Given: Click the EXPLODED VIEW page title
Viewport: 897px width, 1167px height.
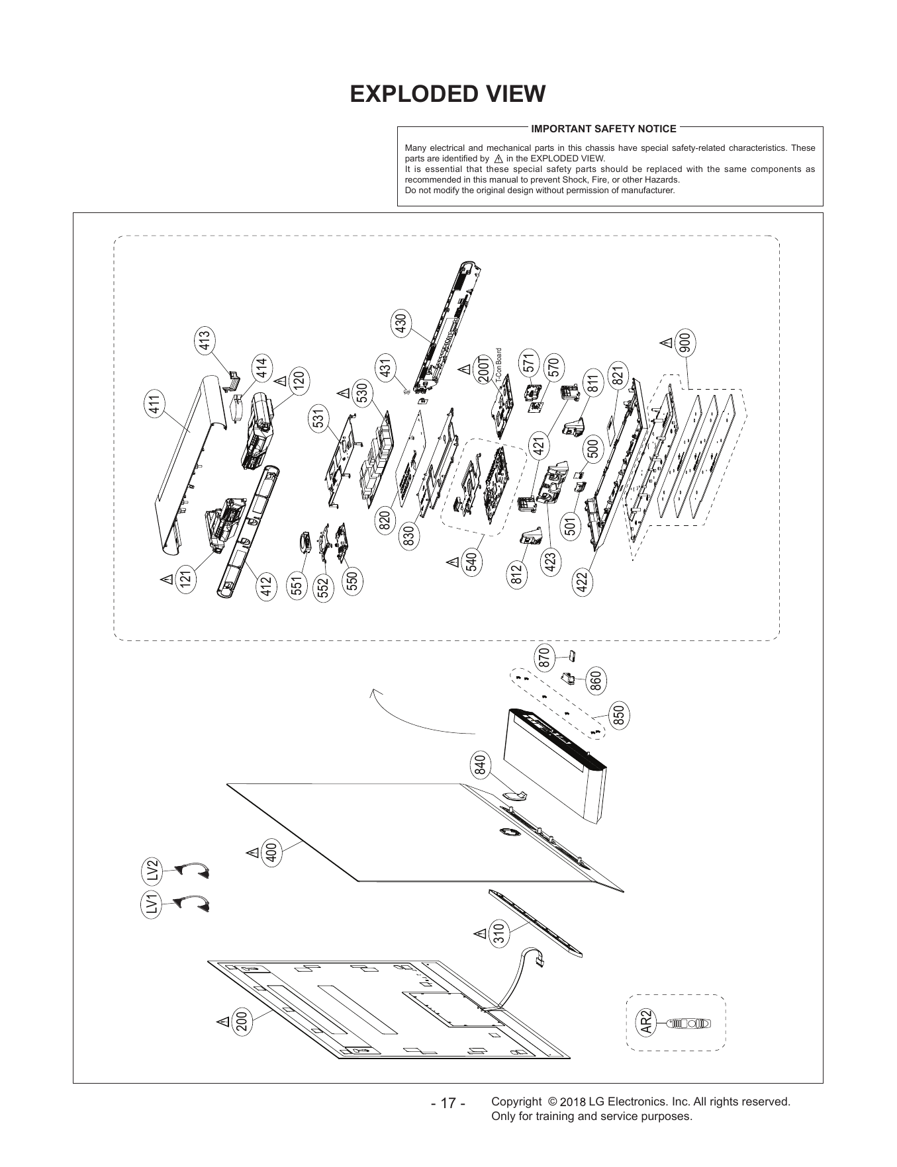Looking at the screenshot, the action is [x=448, y=94].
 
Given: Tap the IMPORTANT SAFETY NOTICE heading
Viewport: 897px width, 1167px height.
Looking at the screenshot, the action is [x=604, y=128].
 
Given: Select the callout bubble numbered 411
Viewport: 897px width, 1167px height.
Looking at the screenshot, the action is [x=157, y=404].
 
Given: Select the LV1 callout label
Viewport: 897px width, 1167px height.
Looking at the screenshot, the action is [x=153, y=904].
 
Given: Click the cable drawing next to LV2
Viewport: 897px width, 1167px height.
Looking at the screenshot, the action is [x=191, y=870].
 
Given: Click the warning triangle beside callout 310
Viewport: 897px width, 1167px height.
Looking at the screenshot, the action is [x=479, y=934].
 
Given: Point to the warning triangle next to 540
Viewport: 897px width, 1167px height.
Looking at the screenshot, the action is [x=453, y=562].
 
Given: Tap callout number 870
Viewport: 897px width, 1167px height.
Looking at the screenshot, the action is [x=544, y=658].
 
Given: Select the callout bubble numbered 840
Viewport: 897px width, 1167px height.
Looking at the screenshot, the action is [x=480, y=765].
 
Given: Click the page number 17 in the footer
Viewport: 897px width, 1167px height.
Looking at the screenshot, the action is [x=448, y=1103].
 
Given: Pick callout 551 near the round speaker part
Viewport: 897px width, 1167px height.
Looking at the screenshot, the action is [x=298, y=585].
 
